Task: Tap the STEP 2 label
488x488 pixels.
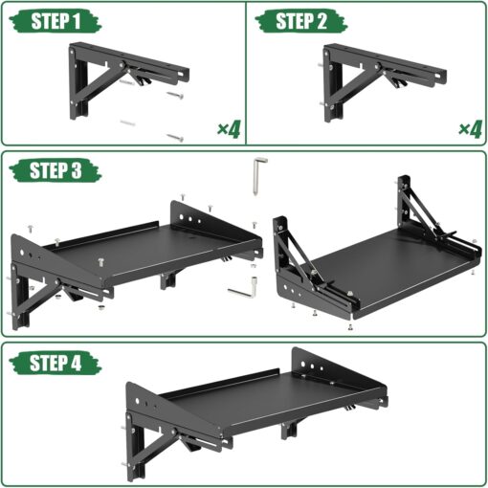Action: pos(299,22)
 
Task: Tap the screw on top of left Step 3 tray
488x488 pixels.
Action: pos(100,258)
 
